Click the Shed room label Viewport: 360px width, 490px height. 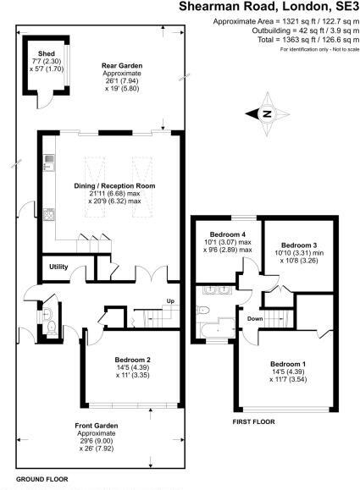click(x=41, y=59)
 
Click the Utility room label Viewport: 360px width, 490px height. click(x=58, y=267)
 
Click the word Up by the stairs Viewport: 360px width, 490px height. click(x=170, y=302)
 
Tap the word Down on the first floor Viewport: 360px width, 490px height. click(x=254, y=319)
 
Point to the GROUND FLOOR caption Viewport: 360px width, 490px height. click(x=40, y=479)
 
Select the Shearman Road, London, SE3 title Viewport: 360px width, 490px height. click(x=269, y=7)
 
